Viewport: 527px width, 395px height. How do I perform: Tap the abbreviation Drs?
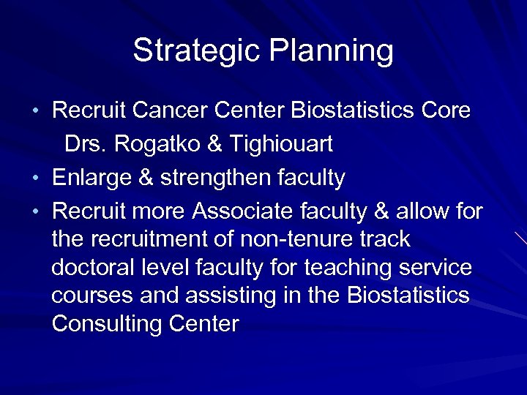86,145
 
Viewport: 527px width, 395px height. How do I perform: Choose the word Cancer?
171,111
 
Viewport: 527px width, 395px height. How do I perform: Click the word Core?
446,111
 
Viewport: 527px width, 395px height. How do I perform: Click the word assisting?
231,296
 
